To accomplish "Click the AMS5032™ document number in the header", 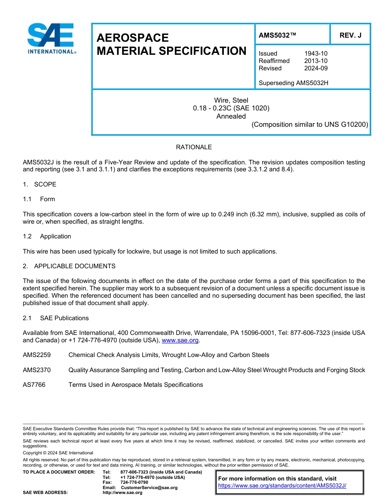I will click(277, 36).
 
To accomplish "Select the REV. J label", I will click(350, 36).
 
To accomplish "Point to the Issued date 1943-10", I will click(316, 54).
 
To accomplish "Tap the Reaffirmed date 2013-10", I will click(316, 61).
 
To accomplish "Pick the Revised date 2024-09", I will click(316, 68).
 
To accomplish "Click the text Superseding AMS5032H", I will click(293, 83).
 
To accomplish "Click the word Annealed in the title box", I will click(231, 116).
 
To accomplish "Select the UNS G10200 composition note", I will click(310, 124).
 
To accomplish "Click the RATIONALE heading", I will click(194, 147).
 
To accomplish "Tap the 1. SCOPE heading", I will click(40, 184).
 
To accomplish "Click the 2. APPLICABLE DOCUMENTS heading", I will click(69, 266).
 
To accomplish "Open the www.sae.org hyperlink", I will click(180, 340).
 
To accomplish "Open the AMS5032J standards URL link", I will click(282, 486).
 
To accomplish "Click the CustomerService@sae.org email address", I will click(149, 487).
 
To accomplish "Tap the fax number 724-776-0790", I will click(134, 483).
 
